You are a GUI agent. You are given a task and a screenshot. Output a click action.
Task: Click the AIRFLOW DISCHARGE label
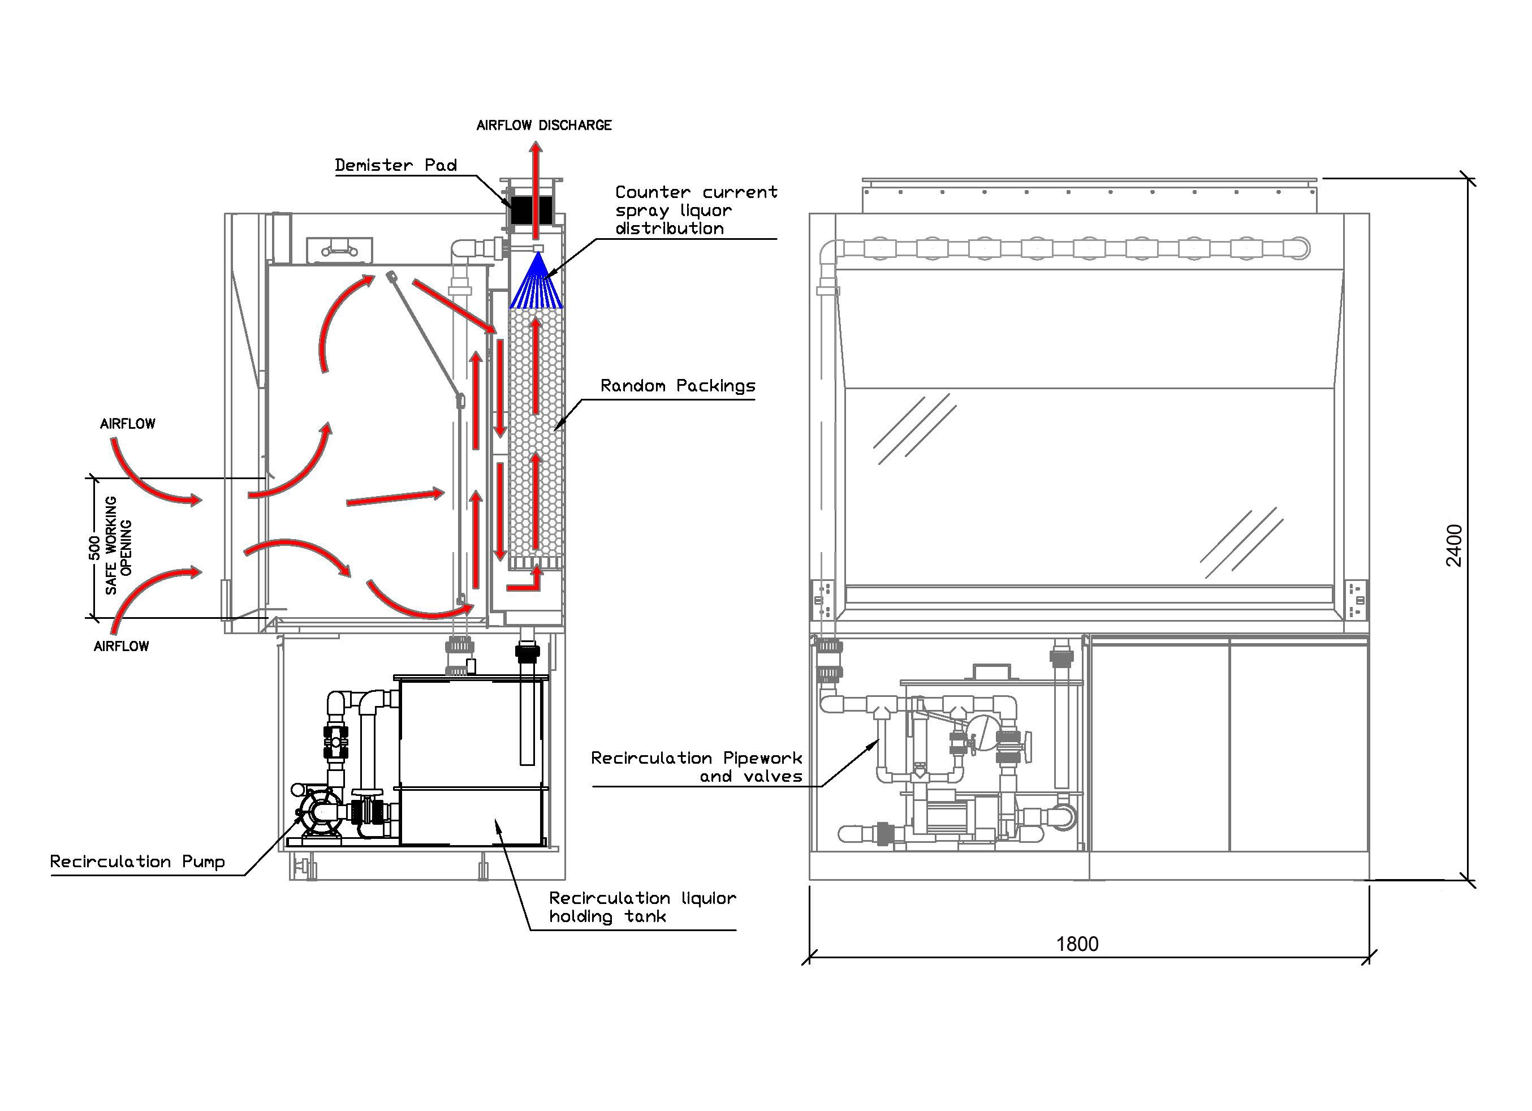pos(544,125)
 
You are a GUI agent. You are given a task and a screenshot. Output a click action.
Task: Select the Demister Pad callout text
pos(396,165)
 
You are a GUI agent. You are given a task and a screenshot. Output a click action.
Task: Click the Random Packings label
pos(677,386)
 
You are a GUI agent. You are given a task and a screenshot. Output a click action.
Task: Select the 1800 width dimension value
pos(1077,944)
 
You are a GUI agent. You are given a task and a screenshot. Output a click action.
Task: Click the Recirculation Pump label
pos(137,862)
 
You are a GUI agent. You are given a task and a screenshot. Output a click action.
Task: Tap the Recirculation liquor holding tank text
pos(642,907)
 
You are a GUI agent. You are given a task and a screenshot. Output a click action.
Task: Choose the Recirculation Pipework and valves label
pos(696,767)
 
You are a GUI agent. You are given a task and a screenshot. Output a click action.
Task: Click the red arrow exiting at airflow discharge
pos(535,190)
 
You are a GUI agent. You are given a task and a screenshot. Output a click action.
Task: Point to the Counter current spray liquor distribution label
pos(696,210)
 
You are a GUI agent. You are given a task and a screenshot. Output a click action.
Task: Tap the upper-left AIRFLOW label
pos(128,424)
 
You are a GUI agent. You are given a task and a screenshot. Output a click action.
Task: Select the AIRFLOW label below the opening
pos(122,646)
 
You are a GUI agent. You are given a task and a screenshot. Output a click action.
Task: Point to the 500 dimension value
pos(94,548)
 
